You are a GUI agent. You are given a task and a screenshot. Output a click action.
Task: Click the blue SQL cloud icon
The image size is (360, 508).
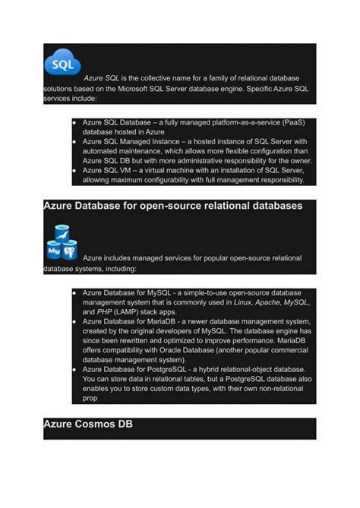(x=62, y=62)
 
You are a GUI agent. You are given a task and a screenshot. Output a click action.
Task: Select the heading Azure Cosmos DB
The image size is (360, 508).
(x=88, y=424)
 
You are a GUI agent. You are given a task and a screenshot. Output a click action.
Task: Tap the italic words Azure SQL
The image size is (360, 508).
(x=103, y=78)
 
